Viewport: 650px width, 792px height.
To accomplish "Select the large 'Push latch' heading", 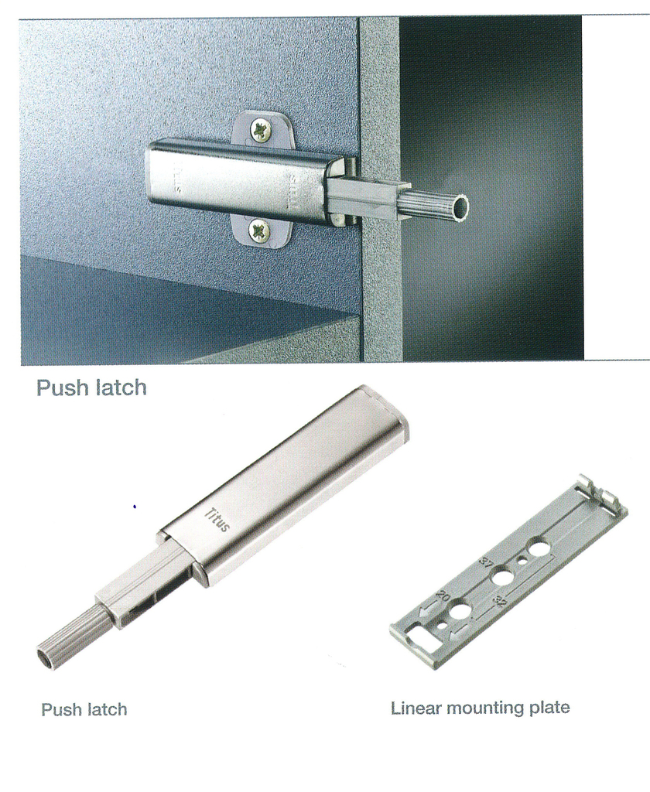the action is click(91, 388).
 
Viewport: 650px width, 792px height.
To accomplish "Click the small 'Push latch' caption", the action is click(84, 710).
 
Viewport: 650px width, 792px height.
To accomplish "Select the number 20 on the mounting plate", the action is click(443, 596).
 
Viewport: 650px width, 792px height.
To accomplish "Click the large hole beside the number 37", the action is click(502, 576).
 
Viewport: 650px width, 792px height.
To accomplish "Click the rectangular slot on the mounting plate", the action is click(419, 633).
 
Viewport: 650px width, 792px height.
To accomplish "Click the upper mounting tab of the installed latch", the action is click(264, 129).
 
